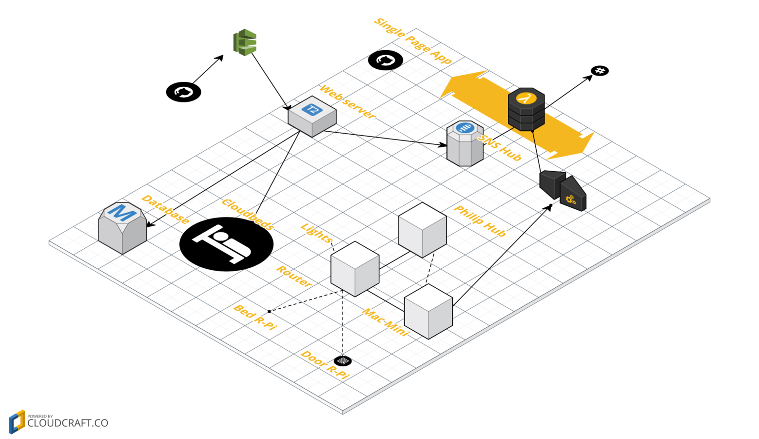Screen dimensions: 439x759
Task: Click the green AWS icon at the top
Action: click(245, 42)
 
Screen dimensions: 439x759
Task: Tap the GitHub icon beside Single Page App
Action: click(385, 60)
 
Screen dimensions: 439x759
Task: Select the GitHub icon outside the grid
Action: click(183, 92)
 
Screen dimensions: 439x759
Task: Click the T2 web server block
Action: click(312, 116)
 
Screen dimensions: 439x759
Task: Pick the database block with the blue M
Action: click(122, 227)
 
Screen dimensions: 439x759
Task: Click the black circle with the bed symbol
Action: click(226, 244)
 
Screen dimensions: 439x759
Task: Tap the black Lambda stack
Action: click(526, 109)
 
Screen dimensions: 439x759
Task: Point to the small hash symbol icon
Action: click(600, 71)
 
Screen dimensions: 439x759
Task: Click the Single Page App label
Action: click(412, 41)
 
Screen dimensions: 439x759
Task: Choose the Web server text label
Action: click(347, 102)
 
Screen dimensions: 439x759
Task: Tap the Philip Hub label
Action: click(480, 221)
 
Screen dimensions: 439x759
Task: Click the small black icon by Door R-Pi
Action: click(343, 361)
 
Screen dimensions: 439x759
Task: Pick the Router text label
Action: click(293, 277)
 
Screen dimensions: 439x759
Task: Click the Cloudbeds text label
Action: click(247, 214)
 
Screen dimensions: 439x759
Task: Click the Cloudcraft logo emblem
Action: click(17, 422)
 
